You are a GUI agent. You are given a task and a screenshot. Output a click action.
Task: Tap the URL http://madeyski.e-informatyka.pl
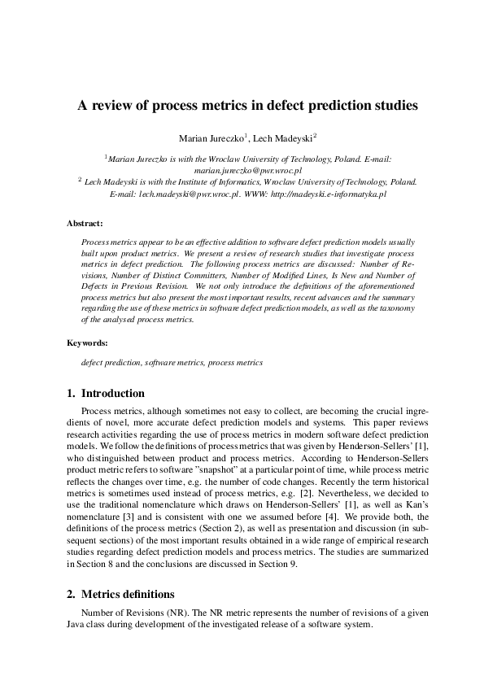(329, 195)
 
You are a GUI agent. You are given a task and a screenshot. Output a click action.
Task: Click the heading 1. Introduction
(107, 394)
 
